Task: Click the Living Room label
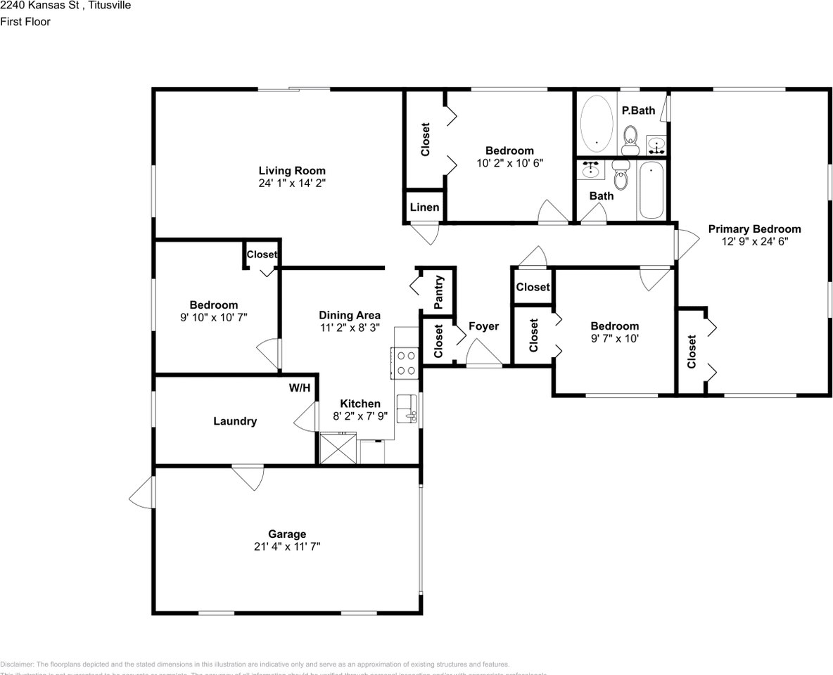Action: pos(292,170)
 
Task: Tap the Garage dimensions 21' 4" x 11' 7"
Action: pos(286,546)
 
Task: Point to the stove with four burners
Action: pos(406,363)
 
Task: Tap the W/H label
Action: pos(300,387)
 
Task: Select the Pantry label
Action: pos(438,292)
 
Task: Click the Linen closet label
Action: pos(424,207)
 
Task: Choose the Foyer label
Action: pos(483,326)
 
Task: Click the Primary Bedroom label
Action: pos(754,229)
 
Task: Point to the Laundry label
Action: pos(235,421)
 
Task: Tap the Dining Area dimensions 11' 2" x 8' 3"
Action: pos(350,327)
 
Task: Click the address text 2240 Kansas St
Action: pos(46,6)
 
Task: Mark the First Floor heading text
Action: pos(25,22)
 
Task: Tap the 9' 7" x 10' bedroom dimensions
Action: pos(614,338)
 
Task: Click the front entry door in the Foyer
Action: pos(484,354)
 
